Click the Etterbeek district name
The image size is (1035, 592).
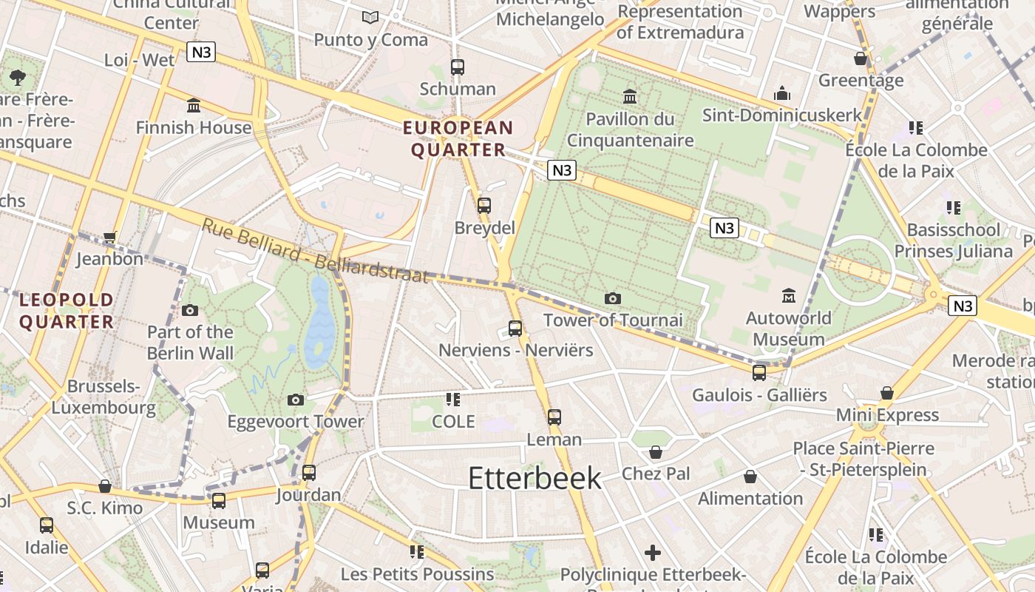535,479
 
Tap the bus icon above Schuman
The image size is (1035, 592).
458,67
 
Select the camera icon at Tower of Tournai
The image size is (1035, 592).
612,299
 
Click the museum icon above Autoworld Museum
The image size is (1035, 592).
789,296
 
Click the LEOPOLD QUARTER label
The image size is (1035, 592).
67,311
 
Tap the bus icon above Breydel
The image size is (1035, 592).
484,206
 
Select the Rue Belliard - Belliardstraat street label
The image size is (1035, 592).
314,251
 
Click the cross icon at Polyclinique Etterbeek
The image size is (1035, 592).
652,553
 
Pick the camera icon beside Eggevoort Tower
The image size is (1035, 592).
296,400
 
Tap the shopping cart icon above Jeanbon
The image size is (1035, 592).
110,238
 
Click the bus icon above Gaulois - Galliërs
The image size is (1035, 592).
759,373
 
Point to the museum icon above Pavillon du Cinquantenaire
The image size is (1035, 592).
630,96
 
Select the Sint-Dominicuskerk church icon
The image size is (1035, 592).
781,93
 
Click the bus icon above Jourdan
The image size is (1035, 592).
309,472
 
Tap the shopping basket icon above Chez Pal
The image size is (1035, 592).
655,452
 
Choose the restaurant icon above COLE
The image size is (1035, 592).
453,400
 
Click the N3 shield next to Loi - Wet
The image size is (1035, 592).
201,52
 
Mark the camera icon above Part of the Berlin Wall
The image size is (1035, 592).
190,310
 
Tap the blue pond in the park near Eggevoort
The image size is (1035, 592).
319,326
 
